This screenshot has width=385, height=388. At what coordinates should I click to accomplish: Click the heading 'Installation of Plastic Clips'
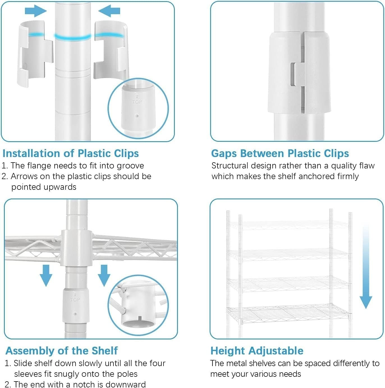click(71, 153)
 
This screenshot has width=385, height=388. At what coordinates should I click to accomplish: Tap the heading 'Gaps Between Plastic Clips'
click(280, 153)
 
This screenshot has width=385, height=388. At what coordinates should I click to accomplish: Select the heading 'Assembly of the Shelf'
click(61, 351)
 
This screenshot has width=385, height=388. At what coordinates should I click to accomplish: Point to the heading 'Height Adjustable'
click(257, 351)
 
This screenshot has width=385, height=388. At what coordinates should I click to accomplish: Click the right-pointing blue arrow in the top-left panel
click(36, 11)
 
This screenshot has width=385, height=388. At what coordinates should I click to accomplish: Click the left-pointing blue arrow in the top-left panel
click(109, 11)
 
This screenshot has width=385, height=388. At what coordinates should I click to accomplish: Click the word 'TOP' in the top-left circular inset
click(137, 101)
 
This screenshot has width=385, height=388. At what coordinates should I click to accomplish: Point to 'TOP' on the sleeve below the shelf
click(75, 299)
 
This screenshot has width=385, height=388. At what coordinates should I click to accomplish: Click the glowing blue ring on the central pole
click(73, 37)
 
